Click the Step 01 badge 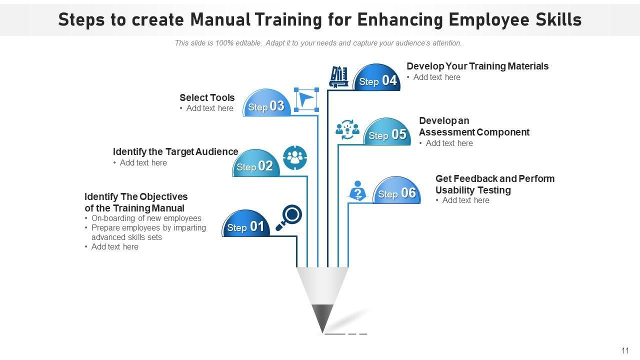(246, 225)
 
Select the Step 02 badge (255, 164)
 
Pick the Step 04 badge (377, 79)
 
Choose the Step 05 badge (387, 133)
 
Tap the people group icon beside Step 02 (295, 157)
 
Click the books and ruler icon (339, 77)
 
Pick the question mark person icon (357, 191)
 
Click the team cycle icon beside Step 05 (347, 129)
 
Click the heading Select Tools (207, 97)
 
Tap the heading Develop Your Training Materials (477, 66)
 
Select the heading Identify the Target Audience (175, 151)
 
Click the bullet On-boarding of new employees (146, 218)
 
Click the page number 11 (625, 350)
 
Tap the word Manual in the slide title (219, 19)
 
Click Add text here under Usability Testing (465, 200)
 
